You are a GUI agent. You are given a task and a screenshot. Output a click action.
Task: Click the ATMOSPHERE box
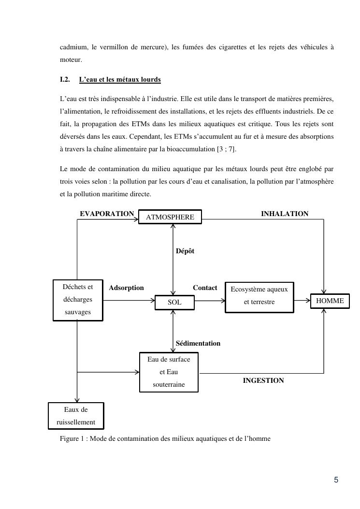point(170,217)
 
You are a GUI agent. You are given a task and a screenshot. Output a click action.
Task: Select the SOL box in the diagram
point(174,302)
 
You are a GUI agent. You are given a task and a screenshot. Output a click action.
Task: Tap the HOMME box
point(330,301)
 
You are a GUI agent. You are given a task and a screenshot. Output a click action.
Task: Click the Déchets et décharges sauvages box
point(77,300)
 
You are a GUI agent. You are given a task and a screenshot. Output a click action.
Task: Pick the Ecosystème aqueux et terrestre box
point(259,296)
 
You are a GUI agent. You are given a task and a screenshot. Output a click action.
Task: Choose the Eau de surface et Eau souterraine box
point(168,372)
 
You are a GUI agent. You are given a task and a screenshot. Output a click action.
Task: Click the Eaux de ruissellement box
point(76,416)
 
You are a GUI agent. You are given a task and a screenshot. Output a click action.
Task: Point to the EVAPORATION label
point(107,214)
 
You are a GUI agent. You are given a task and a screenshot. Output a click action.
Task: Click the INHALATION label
point(285,214)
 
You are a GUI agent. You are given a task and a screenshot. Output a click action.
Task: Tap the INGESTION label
point(263,380)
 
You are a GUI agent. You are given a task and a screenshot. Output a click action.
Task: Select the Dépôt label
point(185,251)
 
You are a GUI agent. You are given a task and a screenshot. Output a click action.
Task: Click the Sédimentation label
point(198,343)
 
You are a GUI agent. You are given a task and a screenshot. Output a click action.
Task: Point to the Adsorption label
point(126,288)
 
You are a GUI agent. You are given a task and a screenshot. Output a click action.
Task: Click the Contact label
point(205,288)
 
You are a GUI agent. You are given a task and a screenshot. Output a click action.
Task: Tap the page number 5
point(336,480)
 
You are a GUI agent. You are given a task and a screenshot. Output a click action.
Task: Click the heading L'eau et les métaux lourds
point(120,79)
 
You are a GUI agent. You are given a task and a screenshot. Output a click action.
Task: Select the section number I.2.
point(65,79)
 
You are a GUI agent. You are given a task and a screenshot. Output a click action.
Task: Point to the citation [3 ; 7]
point(227,149)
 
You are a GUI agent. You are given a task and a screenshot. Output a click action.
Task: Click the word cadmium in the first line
point(73,47)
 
